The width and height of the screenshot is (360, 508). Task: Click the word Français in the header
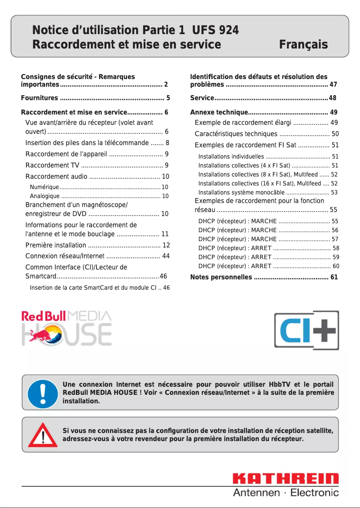coord(303,44)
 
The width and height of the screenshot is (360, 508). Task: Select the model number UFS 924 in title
coord(215,30)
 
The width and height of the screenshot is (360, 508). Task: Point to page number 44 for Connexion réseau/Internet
coord(166,256)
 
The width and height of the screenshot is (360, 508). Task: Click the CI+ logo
coord(307,330)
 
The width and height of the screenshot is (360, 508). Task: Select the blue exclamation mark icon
coord(41,392)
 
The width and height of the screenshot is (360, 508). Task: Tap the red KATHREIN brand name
coord(285,479)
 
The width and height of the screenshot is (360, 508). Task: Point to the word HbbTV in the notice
coord(279,384)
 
